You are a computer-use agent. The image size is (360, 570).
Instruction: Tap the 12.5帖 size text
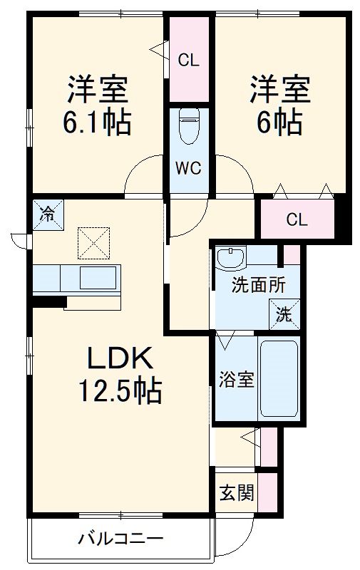[x=118, y=390]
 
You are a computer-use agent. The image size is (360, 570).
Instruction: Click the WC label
[x=190, y=169]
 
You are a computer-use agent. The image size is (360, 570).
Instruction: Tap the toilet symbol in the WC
[x=190, y=129]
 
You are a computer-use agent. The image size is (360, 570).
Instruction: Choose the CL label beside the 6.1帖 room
[x=189, y=61]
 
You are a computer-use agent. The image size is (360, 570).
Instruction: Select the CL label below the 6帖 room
[x=297, y=219]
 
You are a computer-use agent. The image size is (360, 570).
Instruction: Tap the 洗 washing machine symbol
[x=284, y=314]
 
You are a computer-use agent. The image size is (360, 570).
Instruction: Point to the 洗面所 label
[x=259, y=286]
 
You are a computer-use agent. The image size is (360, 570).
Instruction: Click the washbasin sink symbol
[x=232, y=257]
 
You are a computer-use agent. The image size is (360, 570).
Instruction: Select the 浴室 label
[x=236, y=380]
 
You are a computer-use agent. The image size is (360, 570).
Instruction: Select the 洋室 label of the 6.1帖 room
[x=98, y=91]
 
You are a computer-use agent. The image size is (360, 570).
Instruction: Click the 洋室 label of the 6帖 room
[x=279, y=91]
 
